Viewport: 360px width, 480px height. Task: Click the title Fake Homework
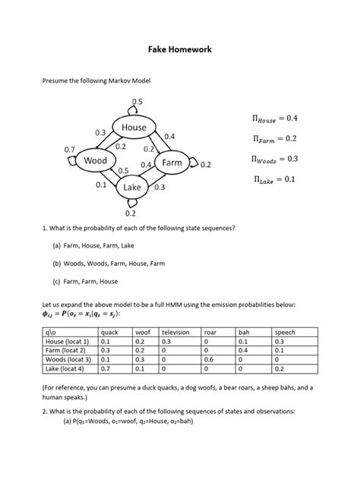point(179,49)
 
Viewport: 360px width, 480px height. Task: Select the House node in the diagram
point(134,128)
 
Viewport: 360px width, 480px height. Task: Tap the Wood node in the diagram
point(96,161)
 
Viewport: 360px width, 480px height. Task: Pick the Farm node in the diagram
point(172,163)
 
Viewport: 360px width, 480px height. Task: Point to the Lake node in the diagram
point(133,188)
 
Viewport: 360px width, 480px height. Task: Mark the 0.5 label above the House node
point(137,101)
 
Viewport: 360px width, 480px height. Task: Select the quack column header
point(110,332)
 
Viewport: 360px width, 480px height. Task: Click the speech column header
point(285,332)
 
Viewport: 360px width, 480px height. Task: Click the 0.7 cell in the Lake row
point(105,368)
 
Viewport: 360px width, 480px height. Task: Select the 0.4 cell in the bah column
point(243,350)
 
